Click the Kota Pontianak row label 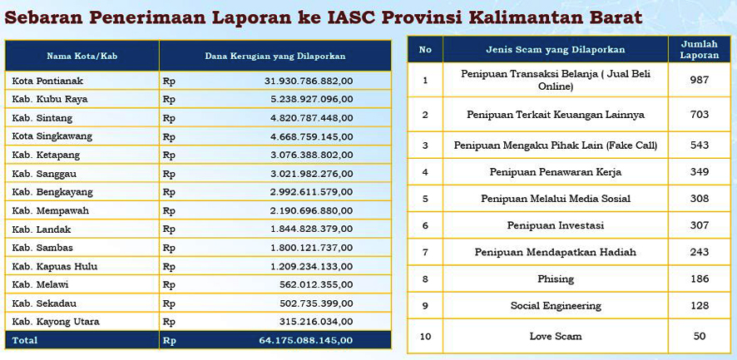point(47,81)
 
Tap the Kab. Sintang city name point(42,118)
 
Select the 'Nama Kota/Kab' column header point(82,56)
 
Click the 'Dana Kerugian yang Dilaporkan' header point(275,56)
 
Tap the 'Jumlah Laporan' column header point(699,49)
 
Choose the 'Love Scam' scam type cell point(555,336)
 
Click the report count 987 point(699,80)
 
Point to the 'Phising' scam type point(555,279)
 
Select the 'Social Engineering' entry point(555,306)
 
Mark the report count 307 point(699,225)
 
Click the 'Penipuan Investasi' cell point(555,225)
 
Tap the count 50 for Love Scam point(699,336)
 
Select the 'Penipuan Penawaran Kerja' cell point(555,172)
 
